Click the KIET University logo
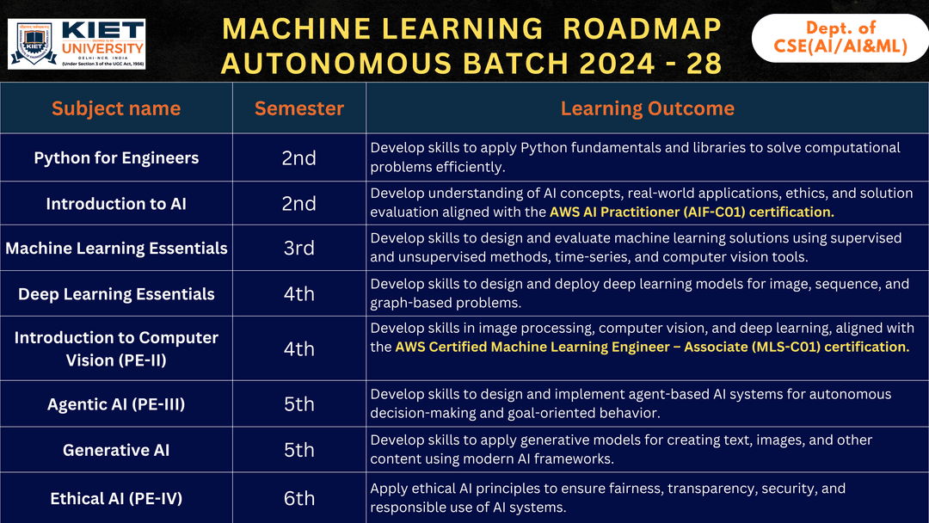point(77,43)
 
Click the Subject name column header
point(116,108)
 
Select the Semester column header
point(298,108)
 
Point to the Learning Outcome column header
point(647,108)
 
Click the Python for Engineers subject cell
point(116,157)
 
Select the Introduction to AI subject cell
point(116,204)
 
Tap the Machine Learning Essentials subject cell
point(116,249)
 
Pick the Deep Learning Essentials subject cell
point(116,294)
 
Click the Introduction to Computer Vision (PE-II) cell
point(116,348)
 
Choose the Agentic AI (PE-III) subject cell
point(116,404)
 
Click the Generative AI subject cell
point(116,450)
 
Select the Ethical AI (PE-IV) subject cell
point(116,498)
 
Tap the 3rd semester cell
point(298,249)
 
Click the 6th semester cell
point(298,498)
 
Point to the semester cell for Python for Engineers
point(298,157)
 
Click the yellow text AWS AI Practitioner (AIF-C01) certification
point(692,212)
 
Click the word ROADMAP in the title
point(642,28)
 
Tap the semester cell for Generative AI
point(298,450)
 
